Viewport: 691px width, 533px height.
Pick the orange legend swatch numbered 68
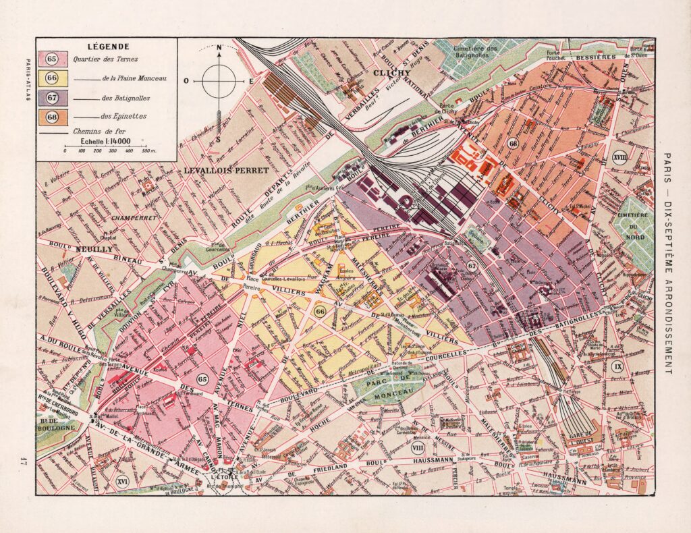tap(51, 116)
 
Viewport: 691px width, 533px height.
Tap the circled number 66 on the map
tap(320, 311)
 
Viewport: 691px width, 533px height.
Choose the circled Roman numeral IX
tap(617, 366)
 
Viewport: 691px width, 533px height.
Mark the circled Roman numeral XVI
tap(123, 481)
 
